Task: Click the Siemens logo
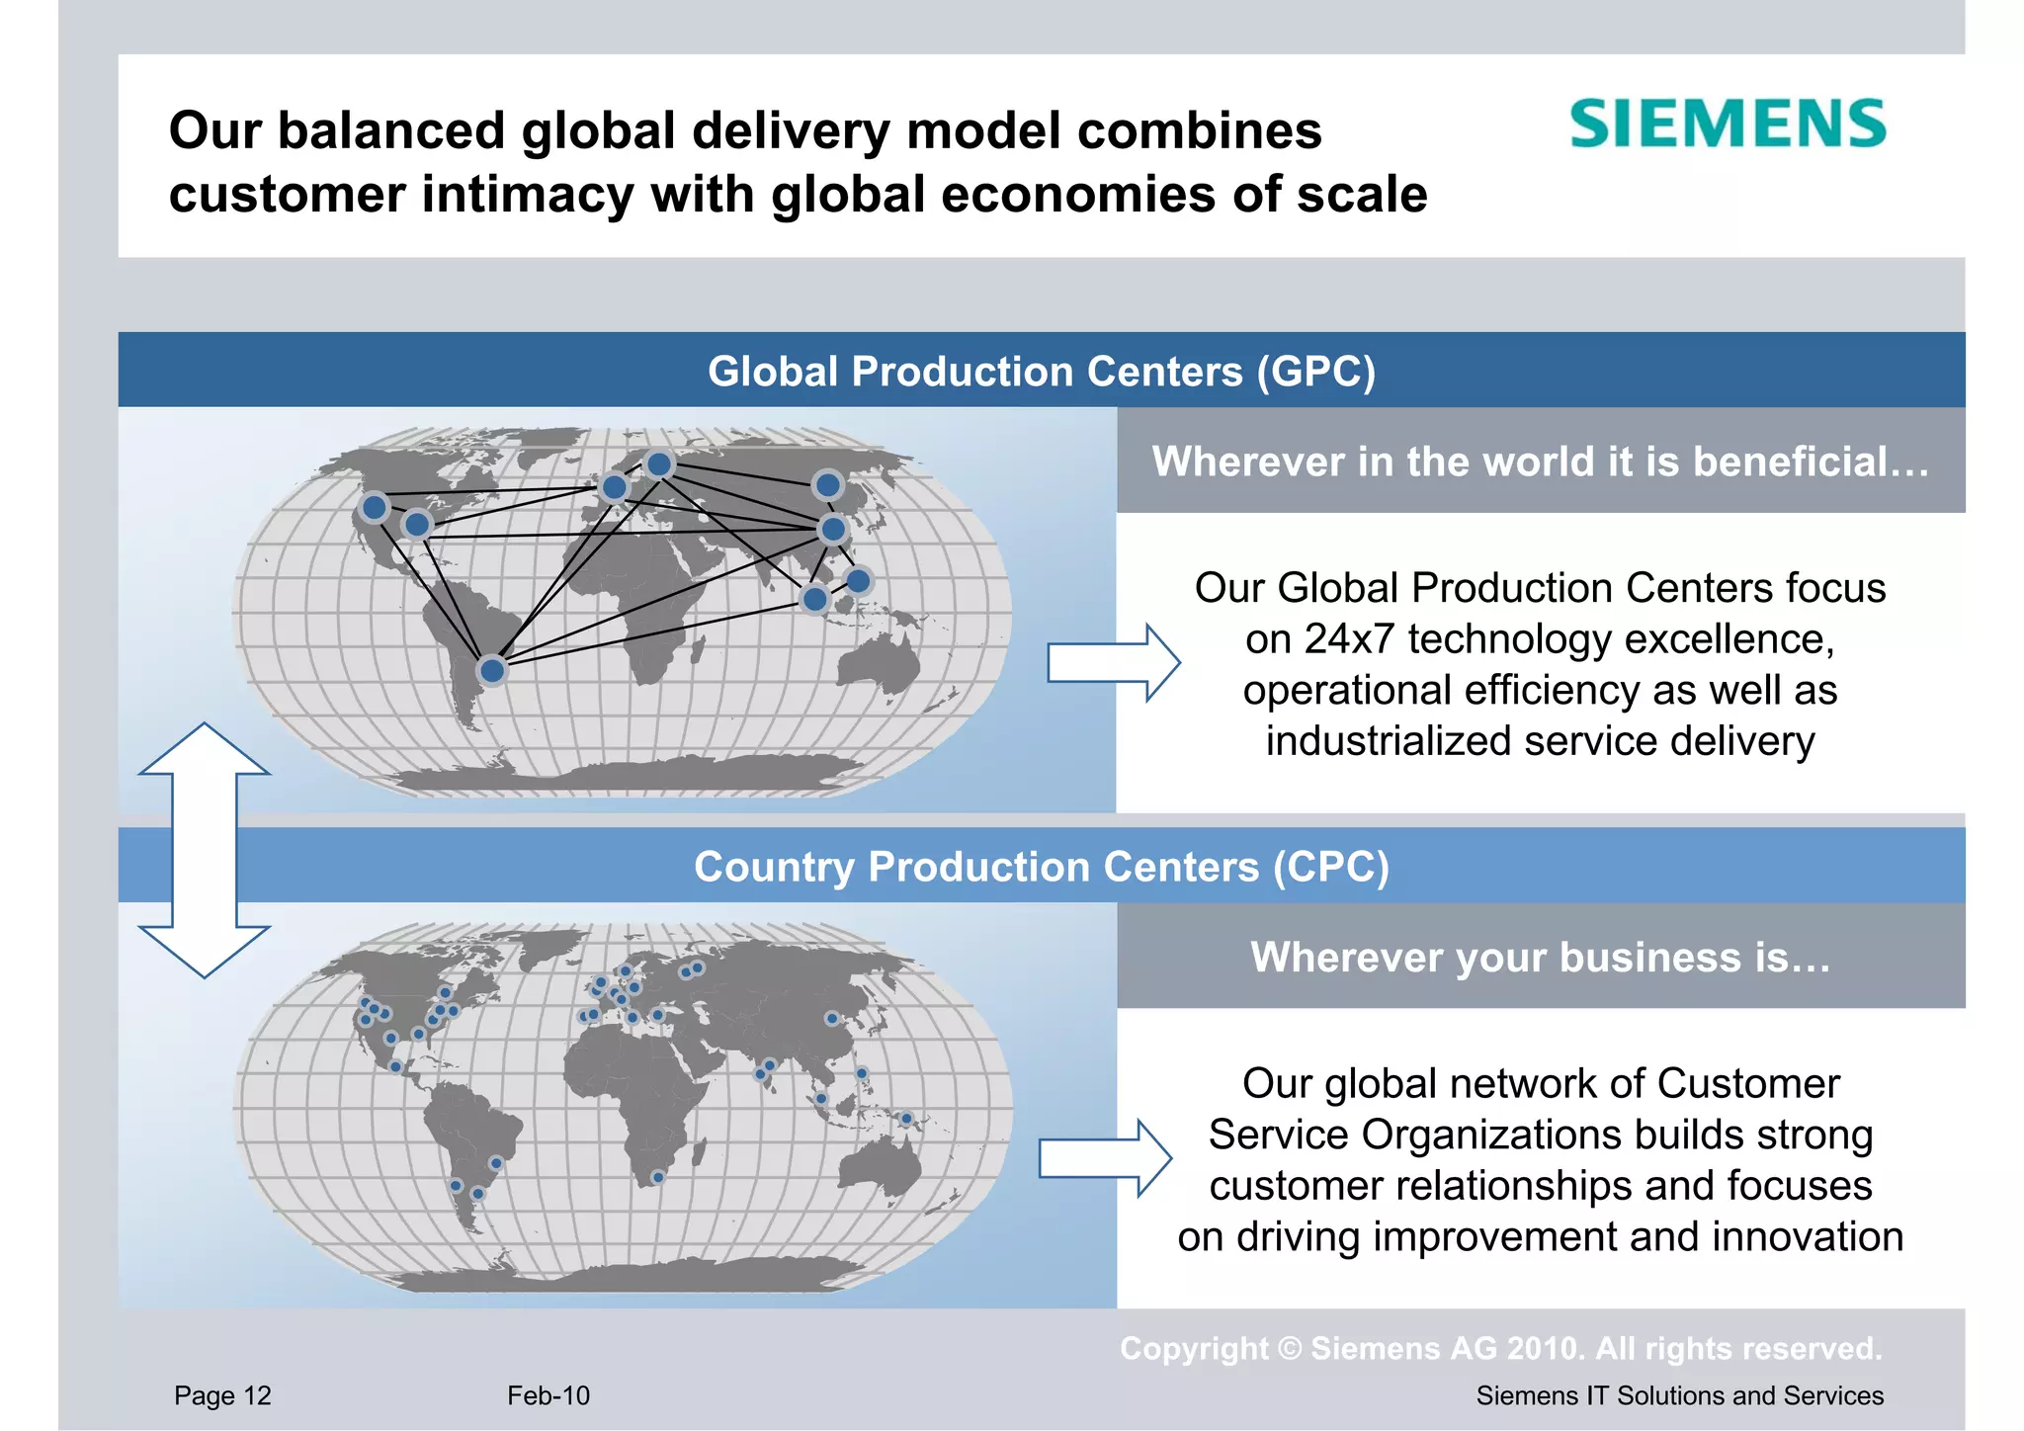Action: coord(1728,125)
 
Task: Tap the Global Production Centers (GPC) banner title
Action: coord(1041,372)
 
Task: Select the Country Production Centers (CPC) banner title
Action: coord(1041,867)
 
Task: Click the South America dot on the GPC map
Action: coord(492,671)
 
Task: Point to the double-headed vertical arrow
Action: coord(205,850)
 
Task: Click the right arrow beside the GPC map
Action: coord(1113,662)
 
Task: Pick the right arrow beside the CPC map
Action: coord(1105,1158)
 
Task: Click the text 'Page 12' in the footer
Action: coord(222,1395)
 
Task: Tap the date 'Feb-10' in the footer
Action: coord(548,1395)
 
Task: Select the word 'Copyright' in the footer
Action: coord(1194,1348)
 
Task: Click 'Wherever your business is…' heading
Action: coord(1541,957)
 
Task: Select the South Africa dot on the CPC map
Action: coord(658,1177)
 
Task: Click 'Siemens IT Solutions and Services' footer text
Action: coord(1679,1395)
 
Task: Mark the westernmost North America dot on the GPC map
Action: coord(375,508)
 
